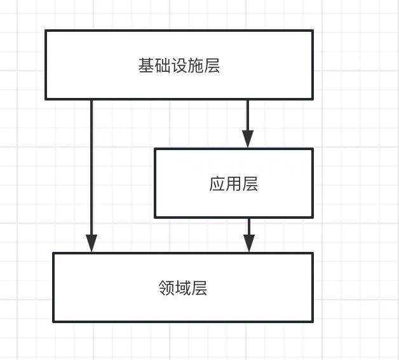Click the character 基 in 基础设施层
click(x=146, y=66)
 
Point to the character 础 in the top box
click(x=163, y=66)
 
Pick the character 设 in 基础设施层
click(x=179, y=66)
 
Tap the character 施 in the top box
click(x=196, y=66)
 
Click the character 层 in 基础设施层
click(x=212, y=66)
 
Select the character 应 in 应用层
click(x=217, y=184)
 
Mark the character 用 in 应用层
click(x=234, y=184)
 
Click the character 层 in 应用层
click(x=250, y=184)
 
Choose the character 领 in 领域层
click(x=166, y=289)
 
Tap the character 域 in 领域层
click(x=183, y=289)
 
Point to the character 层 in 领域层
click(x=199, y=289)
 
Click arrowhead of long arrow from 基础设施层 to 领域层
click(x=91, y=244)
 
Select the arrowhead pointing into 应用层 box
click(x=248, y=139)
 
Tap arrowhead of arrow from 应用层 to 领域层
click(x=248, y=243)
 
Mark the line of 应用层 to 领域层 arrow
click(x=248, y=226)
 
